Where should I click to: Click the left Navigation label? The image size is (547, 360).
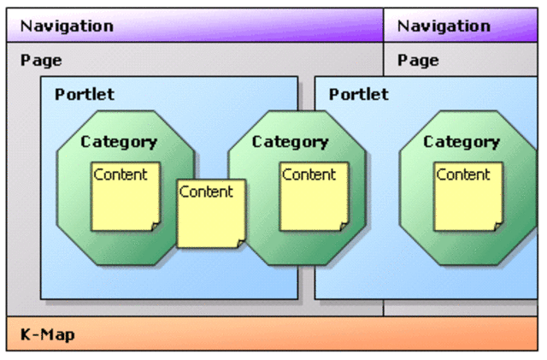(67, 26)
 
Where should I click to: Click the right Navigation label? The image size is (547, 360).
(444, 26)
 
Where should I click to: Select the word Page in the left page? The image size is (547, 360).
(41, 61)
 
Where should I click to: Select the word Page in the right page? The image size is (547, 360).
(418, 61)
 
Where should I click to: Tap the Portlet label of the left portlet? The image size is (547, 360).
(84, 94)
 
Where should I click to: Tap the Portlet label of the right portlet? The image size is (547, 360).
(358, 94)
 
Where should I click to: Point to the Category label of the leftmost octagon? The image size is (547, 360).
(119, 142)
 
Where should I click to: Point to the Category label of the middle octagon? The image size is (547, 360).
(290, 142)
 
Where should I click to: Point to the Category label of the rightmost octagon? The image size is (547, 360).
(462, 142)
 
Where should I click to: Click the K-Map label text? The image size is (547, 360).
(47, 334)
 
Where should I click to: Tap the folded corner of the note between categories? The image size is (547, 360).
(240, 243)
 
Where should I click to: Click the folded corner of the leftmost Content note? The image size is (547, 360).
(155, 226)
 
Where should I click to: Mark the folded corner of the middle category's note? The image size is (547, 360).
(344, 226)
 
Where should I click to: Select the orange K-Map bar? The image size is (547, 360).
(273, 334)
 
